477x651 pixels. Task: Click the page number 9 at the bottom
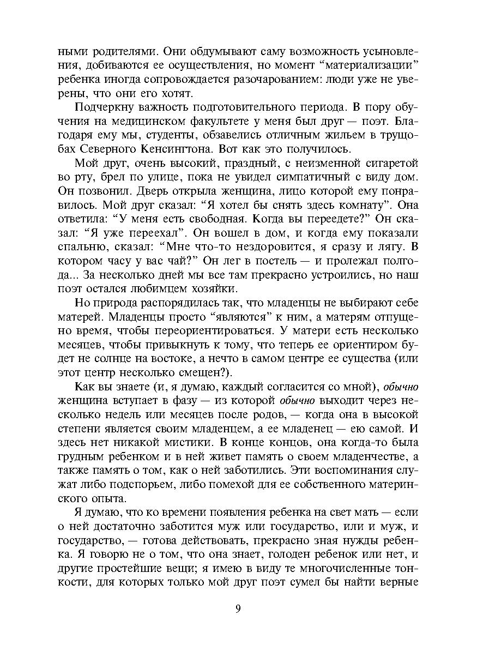238,609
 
